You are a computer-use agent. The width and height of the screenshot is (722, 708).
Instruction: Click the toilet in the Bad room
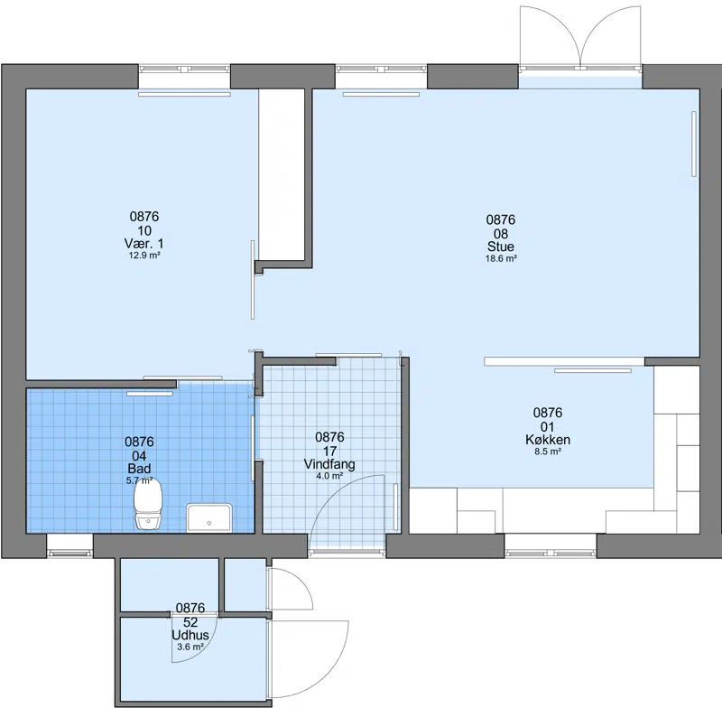[x=148, y=505]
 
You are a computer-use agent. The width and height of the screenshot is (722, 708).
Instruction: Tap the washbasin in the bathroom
[x=209, y=517]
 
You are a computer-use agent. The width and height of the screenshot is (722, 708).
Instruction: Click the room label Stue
[x=501, y=247]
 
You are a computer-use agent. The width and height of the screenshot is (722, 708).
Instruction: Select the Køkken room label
[x=548, y=440]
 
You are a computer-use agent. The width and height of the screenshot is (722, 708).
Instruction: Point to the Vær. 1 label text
[x=143, y=243]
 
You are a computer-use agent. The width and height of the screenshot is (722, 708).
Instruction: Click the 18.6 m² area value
[x=501, y=258]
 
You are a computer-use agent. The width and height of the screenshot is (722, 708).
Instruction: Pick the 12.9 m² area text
[x=144, y=255]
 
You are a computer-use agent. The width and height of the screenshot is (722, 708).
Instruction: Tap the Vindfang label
[x=329, y=464]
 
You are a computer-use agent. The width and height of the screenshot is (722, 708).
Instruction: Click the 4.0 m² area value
[x=329, y=476]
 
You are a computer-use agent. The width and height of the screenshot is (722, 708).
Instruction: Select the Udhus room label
[x=190, y=635]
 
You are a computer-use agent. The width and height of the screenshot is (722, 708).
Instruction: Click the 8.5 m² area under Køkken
[x=548, y=452]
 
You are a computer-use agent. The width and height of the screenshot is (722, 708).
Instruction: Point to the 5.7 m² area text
[x=139, y=480]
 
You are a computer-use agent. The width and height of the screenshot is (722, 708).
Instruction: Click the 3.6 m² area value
[x=190, y=647]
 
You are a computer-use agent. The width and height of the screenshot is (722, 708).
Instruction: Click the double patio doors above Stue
[x=580, y=38]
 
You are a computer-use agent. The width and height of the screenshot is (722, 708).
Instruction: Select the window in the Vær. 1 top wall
[x=184, y=70]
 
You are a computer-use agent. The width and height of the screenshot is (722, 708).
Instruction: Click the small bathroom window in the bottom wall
[x=70, y=553]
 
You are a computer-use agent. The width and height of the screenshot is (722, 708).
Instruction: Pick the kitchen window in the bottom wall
[x=551, y=553]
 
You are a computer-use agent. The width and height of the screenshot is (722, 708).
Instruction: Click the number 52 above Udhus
[x=190, y=622]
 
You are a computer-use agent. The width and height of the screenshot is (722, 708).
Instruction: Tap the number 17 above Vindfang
[x=329, y=451]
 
